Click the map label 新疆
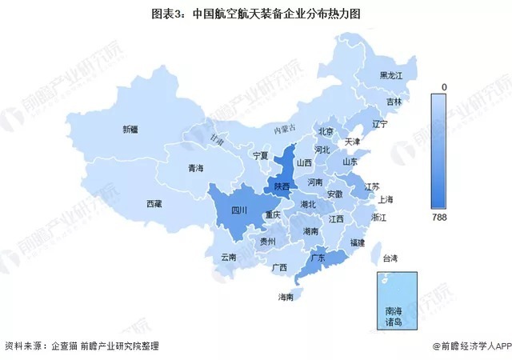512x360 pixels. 130,129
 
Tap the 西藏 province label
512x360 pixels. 154,205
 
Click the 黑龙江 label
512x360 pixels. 394,75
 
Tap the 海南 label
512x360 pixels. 285,297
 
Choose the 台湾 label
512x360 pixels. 389,258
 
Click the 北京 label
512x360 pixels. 326,131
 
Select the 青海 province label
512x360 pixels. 195,169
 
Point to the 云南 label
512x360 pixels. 228,258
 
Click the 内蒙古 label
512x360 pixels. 284,129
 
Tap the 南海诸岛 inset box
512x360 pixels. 396,299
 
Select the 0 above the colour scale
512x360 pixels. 442,86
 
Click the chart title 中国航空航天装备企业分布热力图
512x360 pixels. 255,14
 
